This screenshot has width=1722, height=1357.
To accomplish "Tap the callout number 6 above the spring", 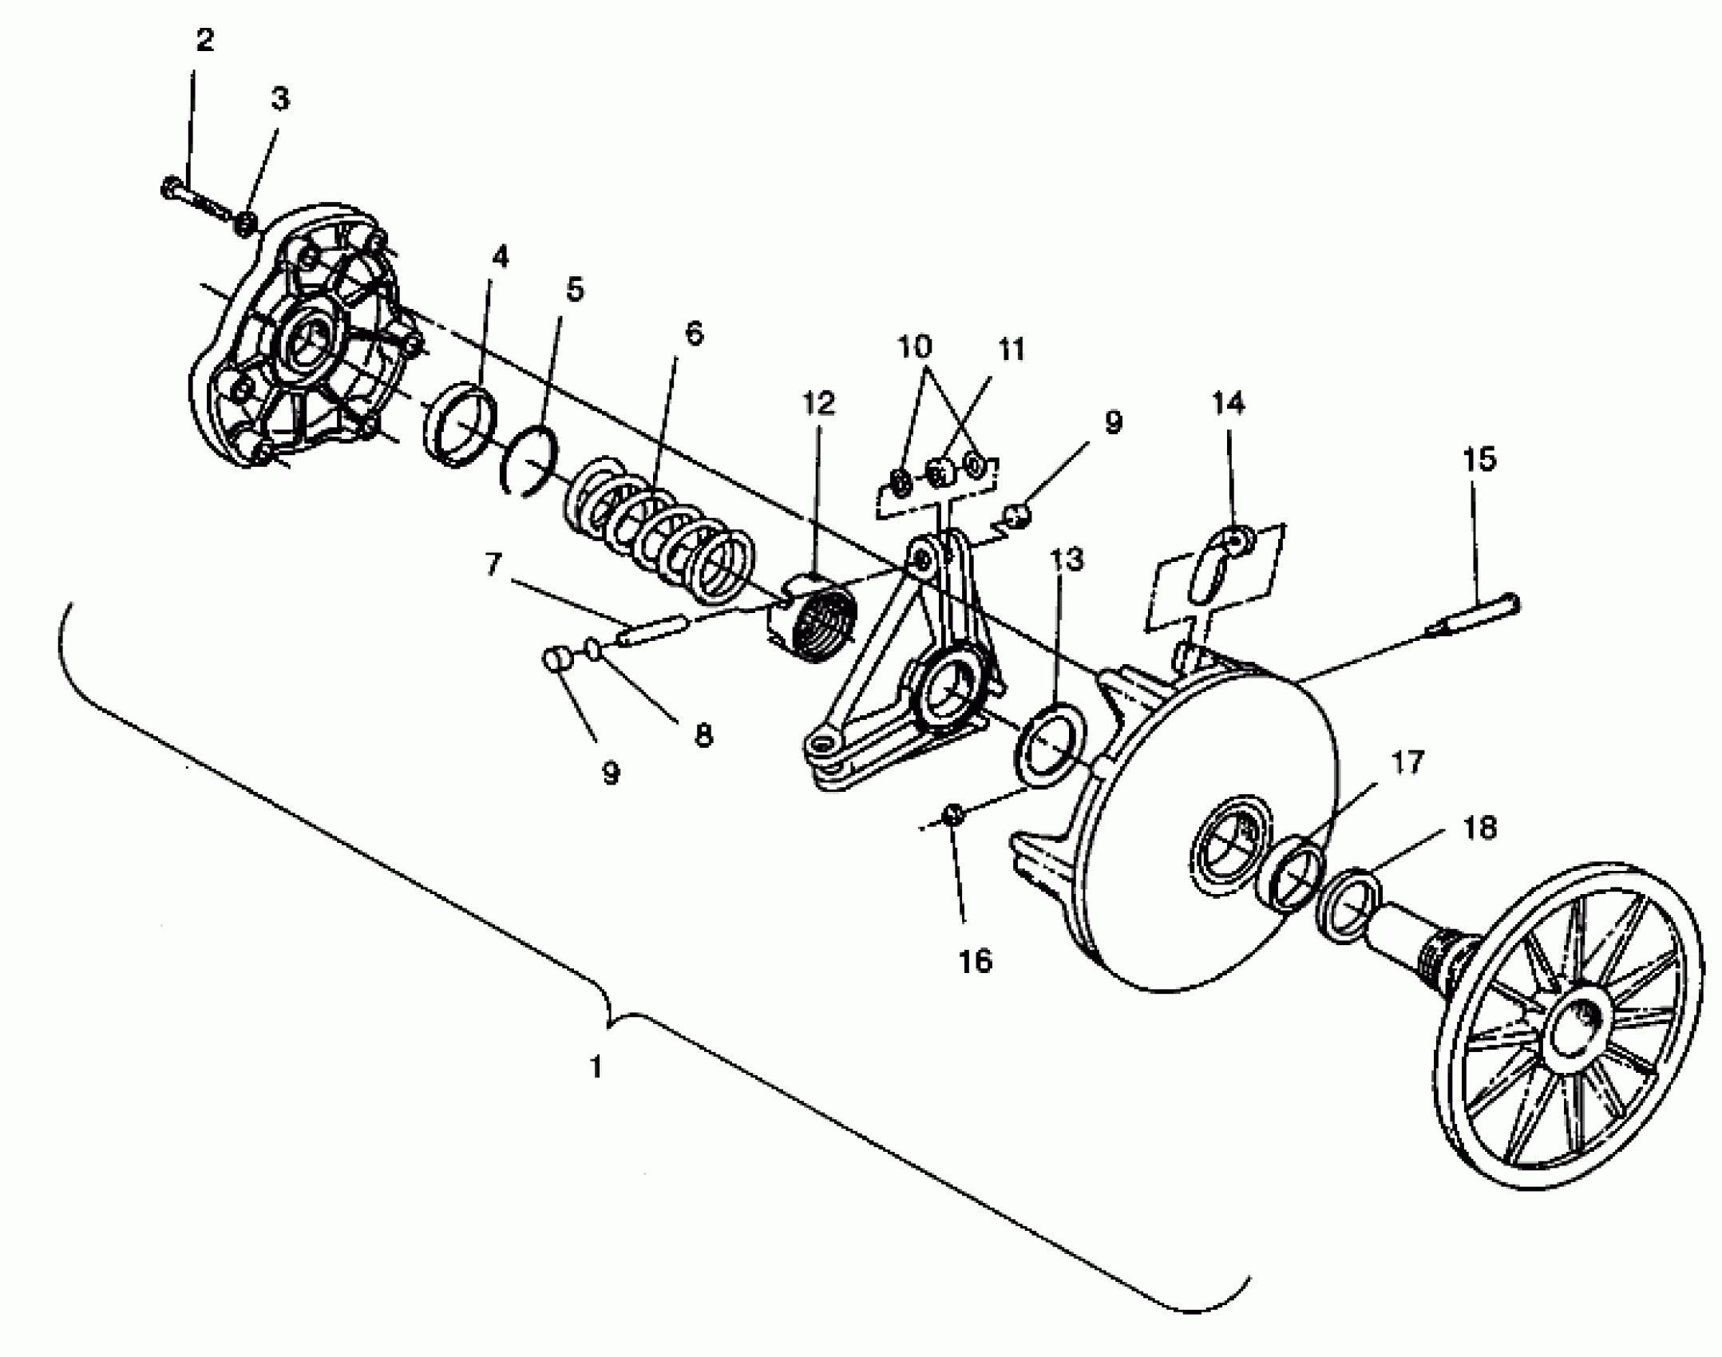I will click(x=694, y=334).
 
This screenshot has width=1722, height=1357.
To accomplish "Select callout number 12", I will click(x=818, y=403).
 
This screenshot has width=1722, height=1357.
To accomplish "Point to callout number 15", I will click(x=1479, y=460).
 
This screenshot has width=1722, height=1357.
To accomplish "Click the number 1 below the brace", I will click(x=596, y=1066).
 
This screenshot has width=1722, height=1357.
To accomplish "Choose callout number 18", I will click(x=1480, y=828).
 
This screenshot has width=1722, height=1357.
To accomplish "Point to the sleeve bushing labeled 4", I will click(x=459, y=423).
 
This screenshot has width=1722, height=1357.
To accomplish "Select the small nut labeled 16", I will click(x=953, y=813).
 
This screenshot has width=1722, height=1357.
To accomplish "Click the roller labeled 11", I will click(x=940, y=471).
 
